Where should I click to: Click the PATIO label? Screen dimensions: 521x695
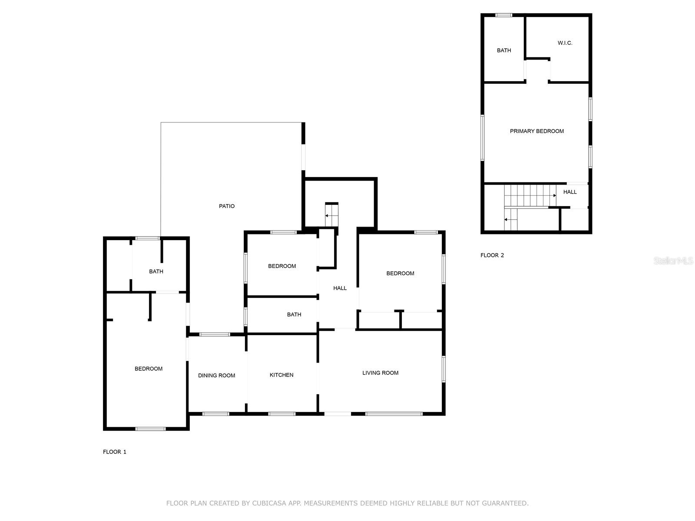226,206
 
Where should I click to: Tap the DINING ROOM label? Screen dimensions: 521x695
216,376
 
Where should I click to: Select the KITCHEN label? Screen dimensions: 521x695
281,375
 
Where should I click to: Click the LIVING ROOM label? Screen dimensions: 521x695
380,373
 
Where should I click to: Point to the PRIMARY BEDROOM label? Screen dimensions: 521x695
536,131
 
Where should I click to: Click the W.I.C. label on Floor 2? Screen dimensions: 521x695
565,43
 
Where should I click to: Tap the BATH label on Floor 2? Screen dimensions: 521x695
504,50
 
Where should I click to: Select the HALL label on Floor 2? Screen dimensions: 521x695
570,192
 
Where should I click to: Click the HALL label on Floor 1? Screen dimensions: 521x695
340,288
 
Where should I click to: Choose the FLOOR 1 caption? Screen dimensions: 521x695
114,452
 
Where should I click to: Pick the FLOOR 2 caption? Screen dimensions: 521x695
492,255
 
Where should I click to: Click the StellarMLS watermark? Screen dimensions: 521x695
673,261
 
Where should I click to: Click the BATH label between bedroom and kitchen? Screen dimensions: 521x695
294,315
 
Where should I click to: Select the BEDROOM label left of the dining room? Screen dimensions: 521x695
148,369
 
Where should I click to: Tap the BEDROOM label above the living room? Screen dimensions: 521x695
400,274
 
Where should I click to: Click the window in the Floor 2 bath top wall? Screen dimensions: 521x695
504,16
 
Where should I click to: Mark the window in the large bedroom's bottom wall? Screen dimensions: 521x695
150,429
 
